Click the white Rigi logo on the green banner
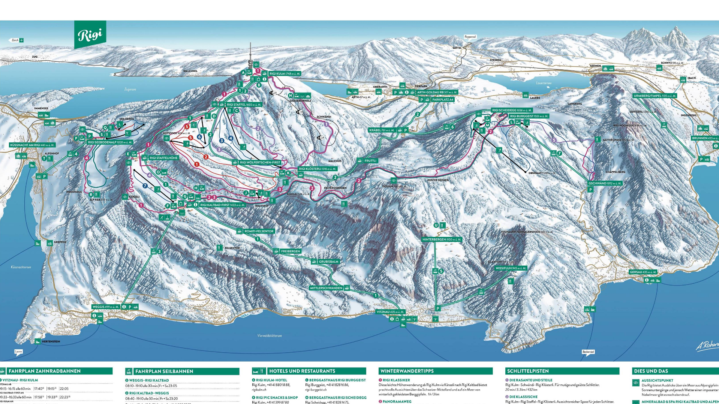pyautogui.click(x=90, y=35)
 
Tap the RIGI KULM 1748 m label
pyautogui.click(x=285, y=74)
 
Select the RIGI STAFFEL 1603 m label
pyautogui.click(x=244, y=105)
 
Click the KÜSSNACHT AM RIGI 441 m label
pyautogui.click(x=32, y=145)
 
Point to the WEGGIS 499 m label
pyautogui.click(x=106, y=307)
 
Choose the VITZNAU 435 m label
pyautogui.click(x=391, y=312)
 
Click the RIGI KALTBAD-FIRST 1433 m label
pyautogui.click(x=222, y=205)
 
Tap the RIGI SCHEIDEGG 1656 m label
pyautogui.click(x=512, y=110)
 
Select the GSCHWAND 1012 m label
pyautogui.click(x=605, y=183)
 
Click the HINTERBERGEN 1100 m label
pyautogui.click(x=442, y=239)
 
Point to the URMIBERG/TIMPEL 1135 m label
pyautogui.click(x=655, y=96)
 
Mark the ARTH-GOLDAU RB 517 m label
pyautogui.click(x=437, y=92)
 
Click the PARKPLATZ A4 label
pyautogui.click(x=442, y=100)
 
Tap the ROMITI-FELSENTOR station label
pyautogui.click(x=259, y=231)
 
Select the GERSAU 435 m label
pyautogui.click(x=643, y=272)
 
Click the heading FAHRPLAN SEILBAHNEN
pyautogui.click(x=164, y=371)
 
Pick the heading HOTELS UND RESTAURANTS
pyautogui.click(x=302, y=371)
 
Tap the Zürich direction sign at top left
pyautogui.click(x=15, y=40)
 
